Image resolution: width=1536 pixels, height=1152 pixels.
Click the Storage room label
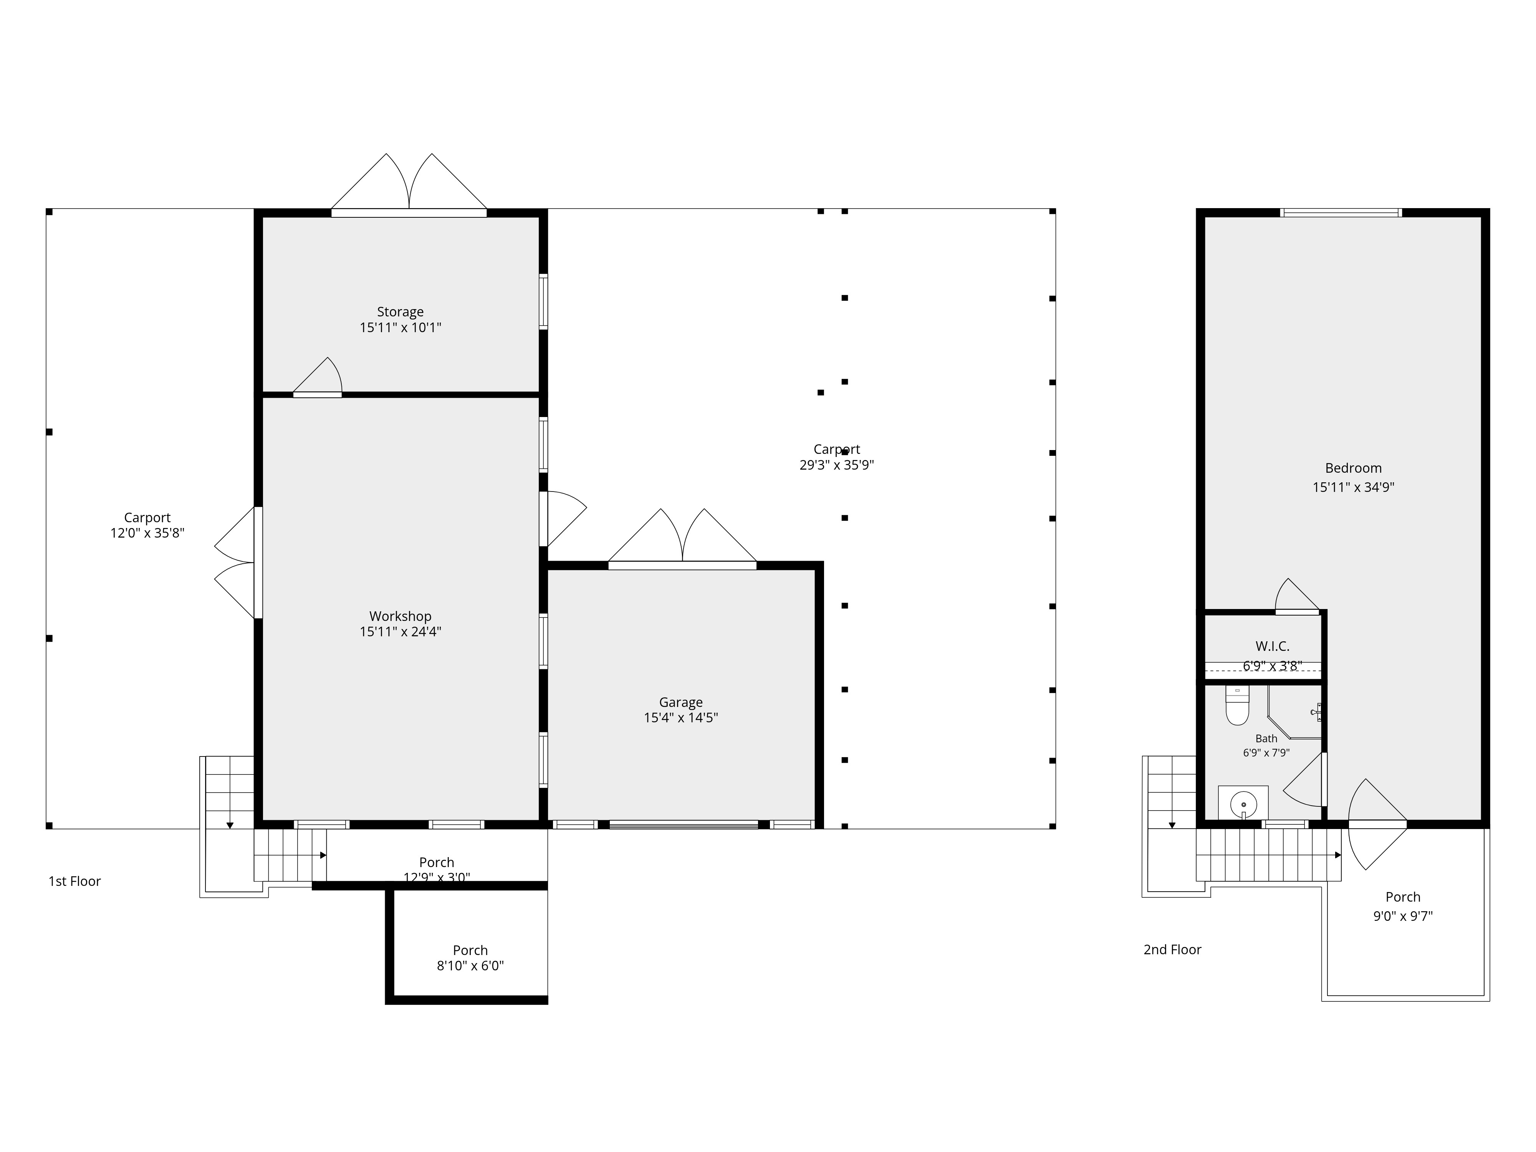click(x=400, y=312)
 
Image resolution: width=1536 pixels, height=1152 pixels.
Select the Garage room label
click(x=680, y=702)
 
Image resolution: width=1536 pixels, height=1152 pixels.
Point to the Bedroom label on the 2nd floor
click(x=1353, y=468)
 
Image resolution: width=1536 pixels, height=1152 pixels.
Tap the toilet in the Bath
click(x=1237, y=705)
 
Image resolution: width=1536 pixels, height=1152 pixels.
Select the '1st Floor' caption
click(x=74, y=881)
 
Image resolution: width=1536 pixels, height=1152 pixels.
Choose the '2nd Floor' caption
click(x=1172, y=949)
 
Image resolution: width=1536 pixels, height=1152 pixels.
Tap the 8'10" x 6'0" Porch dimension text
click(x=470, y=966)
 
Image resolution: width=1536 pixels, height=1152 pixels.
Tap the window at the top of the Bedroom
click(x=1341, y=212)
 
